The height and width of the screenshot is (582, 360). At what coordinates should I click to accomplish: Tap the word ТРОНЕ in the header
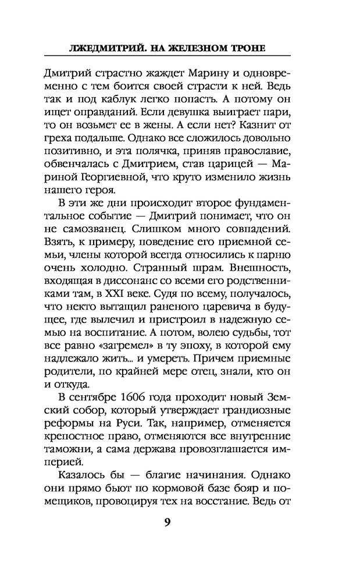point(243,47)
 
